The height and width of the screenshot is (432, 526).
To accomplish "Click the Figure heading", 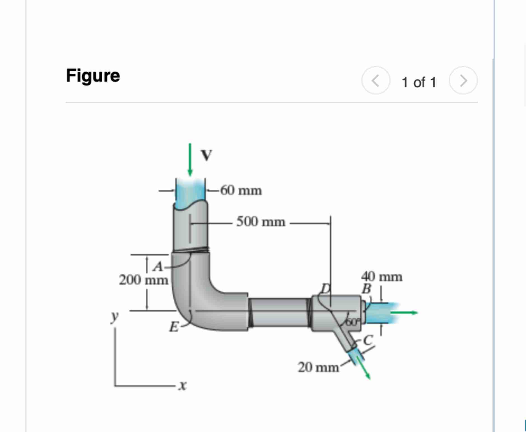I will (93, 76).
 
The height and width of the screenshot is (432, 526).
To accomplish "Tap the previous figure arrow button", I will (376, 81).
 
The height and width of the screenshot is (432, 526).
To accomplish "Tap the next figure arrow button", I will (463, 81).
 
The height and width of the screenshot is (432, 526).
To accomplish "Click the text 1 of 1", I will (419, 82).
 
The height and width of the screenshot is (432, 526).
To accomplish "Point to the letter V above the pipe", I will (207, 155).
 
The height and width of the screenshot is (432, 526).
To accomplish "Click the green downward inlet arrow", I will (190, 160).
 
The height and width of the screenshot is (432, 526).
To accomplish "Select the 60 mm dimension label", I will (241, 191).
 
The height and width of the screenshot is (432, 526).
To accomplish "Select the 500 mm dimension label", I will (261, 222).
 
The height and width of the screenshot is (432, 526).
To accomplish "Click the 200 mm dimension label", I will (143, 280).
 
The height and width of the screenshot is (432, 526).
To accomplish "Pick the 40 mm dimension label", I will (382, 277).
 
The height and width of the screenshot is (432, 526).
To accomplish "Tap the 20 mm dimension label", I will (318, 367).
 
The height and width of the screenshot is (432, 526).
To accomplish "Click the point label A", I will (158, 266).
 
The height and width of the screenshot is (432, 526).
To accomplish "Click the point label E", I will (174, 327).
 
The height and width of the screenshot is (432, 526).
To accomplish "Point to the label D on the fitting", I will (326, 288).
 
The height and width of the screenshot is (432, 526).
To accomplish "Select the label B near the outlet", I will (367, 289).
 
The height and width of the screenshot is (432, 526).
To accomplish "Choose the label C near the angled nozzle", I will (368, 340).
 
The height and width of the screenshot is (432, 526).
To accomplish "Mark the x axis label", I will (183, 385).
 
